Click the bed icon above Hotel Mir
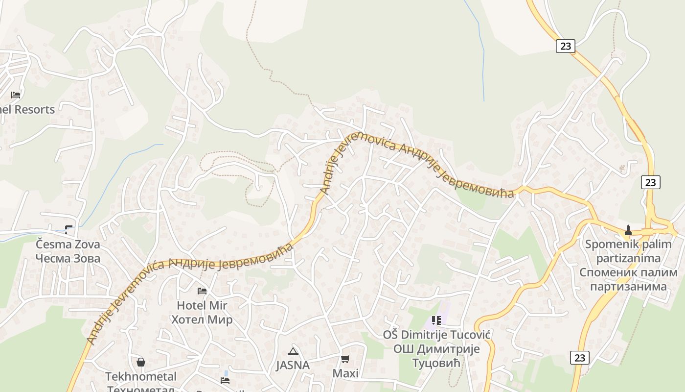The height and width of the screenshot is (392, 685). pos(202,291)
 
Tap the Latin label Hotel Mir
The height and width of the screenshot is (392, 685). pos(202,305)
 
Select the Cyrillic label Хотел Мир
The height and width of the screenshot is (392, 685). pos(202,320)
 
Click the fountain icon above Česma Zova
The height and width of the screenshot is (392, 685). pos(68,229)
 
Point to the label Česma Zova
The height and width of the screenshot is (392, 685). pos(68,244)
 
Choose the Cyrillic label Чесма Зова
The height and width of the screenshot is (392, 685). pos(68,258)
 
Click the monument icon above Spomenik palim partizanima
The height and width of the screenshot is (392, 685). pos(628,230)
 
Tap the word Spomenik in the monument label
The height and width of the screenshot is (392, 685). pos(609,244)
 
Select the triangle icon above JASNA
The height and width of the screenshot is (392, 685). pos(293,351)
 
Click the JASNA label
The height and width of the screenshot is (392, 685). pos(293,365)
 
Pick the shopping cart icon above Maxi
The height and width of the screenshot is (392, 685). pos(345,359)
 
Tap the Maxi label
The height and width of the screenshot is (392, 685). pos(345,373)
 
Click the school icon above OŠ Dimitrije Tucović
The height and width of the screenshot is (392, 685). pos(436,320)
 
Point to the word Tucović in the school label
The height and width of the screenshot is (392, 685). pos(469,335)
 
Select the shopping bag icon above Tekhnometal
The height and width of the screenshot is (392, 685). pos(141,362)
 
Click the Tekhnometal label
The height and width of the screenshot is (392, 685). pos(141,376)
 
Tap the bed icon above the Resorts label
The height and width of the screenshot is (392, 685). pos(16,95)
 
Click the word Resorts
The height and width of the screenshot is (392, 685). pos(34,109)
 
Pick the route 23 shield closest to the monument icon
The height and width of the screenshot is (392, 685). pos(650,182)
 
